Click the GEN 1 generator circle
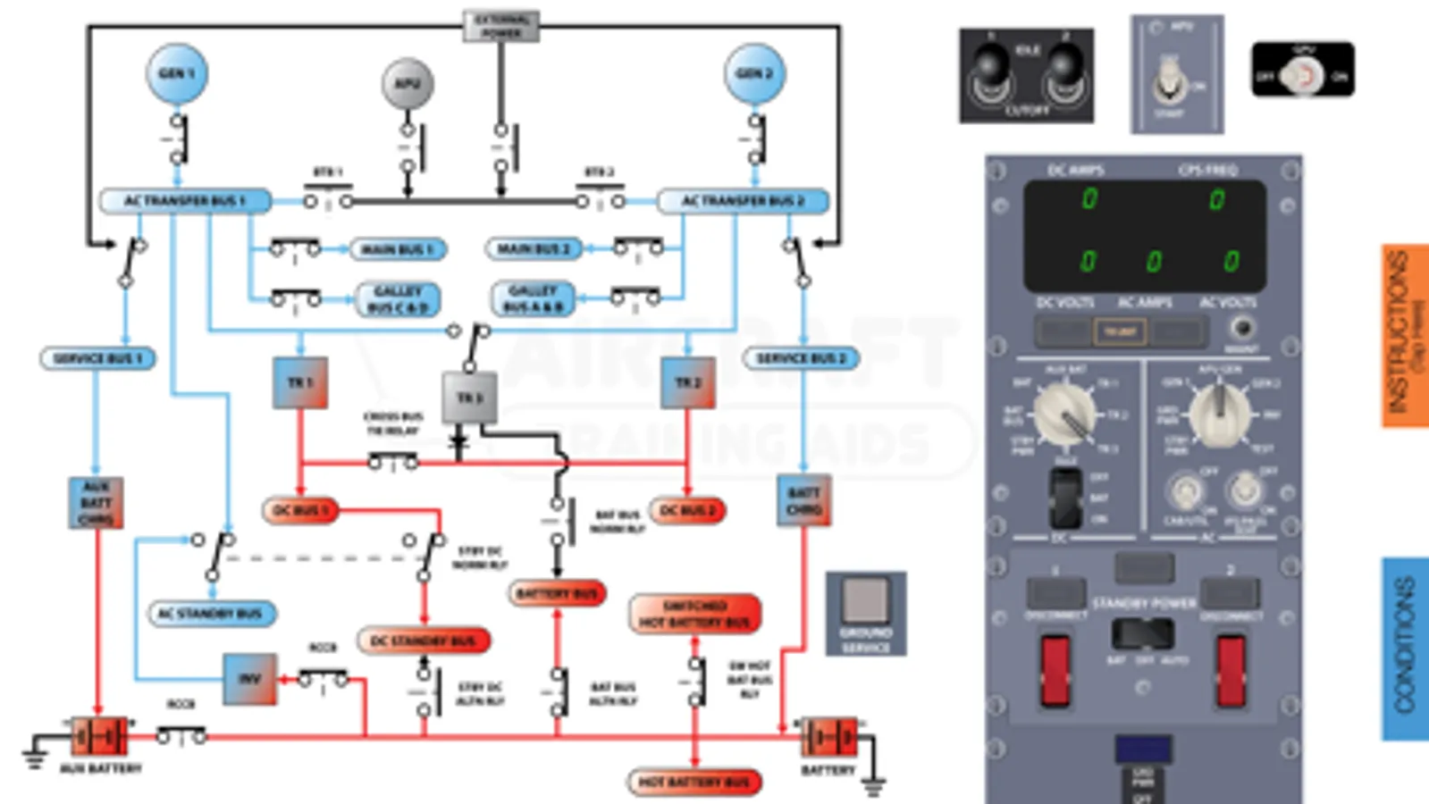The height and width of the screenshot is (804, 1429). click(177, 73)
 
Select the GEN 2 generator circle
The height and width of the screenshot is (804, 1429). click(754, 73)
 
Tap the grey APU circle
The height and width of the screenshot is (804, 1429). click(408, 84)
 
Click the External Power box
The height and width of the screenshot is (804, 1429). click(501, 26)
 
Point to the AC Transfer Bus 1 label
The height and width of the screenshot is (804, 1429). click(185, 201)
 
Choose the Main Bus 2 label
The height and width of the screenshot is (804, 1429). click(534, 248)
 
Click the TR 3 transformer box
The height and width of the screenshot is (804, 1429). click(469, 398)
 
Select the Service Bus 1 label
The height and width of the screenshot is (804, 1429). click(97, 358)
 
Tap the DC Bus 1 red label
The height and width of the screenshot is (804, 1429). click(300, 510)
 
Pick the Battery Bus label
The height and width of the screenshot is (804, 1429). click(557, 593)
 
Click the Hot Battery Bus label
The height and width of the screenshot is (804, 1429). click(694, 783)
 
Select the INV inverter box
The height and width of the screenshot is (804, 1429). click(249, 679)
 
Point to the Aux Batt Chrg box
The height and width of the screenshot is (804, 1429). click(96, 503)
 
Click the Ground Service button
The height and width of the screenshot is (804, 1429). click(865, 600)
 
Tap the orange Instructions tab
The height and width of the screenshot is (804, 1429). click(1405, 335)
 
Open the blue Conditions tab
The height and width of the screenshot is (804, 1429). click(1405, 649)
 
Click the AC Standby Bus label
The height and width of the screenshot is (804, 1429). click(211, 614)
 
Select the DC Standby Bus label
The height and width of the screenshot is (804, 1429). click(424, 641)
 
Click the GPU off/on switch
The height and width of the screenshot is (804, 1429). click(1303, 75)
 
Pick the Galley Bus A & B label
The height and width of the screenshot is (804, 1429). click(534, 299)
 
